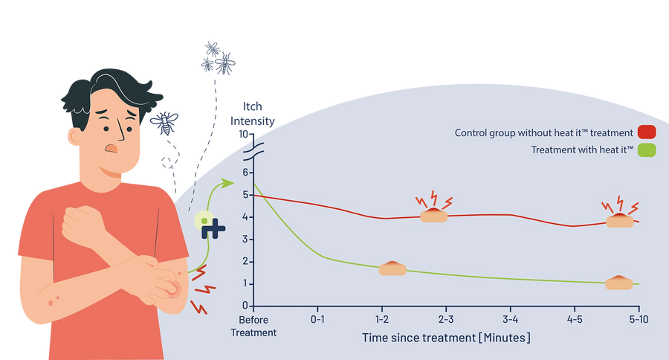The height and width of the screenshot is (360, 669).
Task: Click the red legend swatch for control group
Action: click(647, 132)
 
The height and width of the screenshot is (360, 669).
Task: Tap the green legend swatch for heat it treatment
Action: click(647, 150)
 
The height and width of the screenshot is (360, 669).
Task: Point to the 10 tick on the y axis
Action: click(243, 134)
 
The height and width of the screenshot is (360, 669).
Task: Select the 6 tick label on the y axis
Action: click(245, 173)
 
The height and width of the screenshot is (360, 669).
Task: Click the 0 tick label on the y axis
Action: click(245, 306)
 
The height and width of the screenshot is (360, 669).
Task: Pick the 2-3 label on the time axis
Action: click(446, 319)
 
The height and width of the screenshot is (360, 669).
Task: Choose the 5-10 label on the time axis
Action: click(639, 319)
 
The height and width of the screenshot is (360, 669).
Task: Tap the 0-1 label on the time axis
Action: click(317, 319)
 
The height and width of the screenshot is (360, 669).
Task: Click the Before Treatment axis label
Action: click(253, 326)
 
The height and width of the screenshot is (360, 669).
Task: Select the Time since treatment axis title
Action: click(446, 338)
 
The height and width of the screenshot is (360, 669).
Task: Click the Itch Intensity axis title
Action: click(253, 114)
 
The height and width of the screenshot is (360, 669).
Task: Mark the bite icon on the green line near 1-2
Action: click(392, 269)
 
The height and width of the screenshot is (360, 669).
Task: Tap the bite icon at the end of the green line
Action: click(619, 283)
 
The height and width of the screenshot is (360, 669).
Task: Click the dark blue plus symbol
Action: click(213, 228)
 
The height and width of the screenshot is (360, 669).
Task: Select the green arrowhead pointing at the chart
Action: click(228, 183)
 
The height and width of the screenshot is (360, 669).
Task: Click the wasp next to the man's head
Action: click(164, 123)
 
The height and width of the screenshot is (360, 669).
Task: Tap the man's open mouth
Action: click(111, 148)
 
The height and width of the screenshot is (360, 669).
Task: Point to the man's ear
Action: click(74, 136)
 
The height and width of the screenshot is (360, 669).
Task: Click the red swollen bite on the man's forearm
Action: click(173, 289)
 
